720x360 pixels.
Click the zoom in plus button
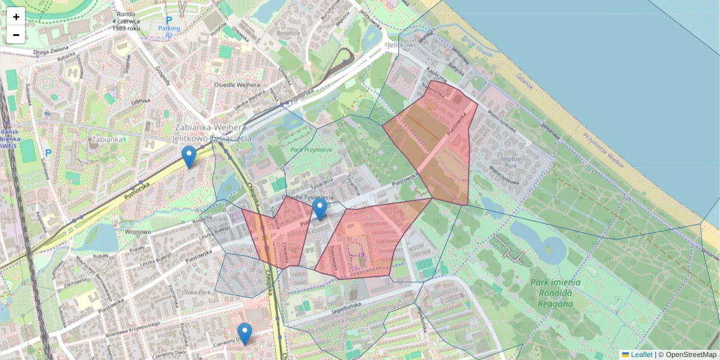click(x=16, y=16)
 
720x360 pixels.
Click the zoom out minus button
click(x=16, y=35)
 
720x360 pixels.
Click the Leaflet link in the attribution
click(x=641, y=355)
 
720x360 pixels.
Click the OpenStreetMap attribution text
click(x=691, y=355)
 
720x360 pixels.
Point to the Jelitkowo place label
click(x=403, y=45)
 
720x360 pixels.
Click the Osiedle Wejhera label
click(x=237, y=85)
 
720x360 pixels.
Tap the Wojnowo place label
click(x=138, y=231)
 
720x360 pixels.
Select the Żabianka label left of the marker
click(x=107, y=139)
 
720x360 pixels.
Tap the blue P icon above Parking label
click(x=169, y=20)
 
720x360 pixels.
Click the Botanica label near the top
click(x=288, y=34)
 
